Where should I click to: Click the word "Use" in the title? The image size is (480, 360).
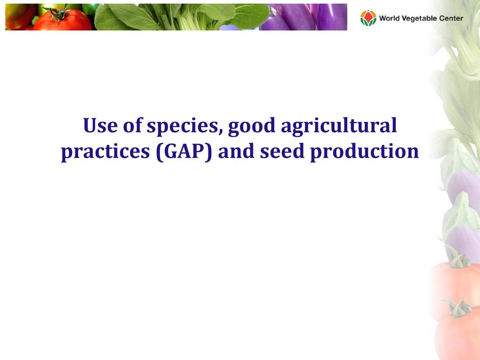100,125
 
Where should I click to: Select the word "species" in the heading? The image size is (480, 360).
185,127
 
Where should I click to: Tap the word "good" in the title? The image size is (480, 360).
252,127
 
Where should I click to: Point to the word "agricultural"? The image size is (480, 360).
339,127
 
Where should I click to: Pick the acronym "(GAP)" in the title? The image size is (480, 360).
184,152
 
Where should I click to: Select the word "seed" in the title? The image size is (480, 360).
282,151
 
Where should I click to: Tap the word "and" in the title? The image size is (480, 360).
236,151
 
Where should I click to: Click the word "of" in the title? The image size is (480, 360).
132,125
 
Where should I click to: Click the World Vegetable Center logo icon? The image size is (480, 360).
368,18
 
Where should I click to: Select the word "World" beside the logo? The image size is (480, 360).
389,18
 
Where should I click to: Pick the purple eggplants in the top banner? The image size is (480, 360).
303,17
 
